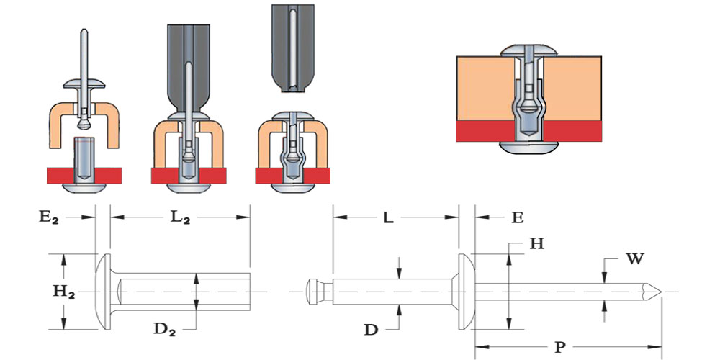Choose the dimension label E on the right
[516, 217]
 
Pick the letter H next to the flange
[536, 243]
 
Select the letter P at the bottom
[559, 347]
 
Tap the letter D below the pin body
[371, 330]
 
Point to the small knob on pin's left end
[314, 291]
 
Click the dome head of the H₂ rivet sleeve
[102, 291]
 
